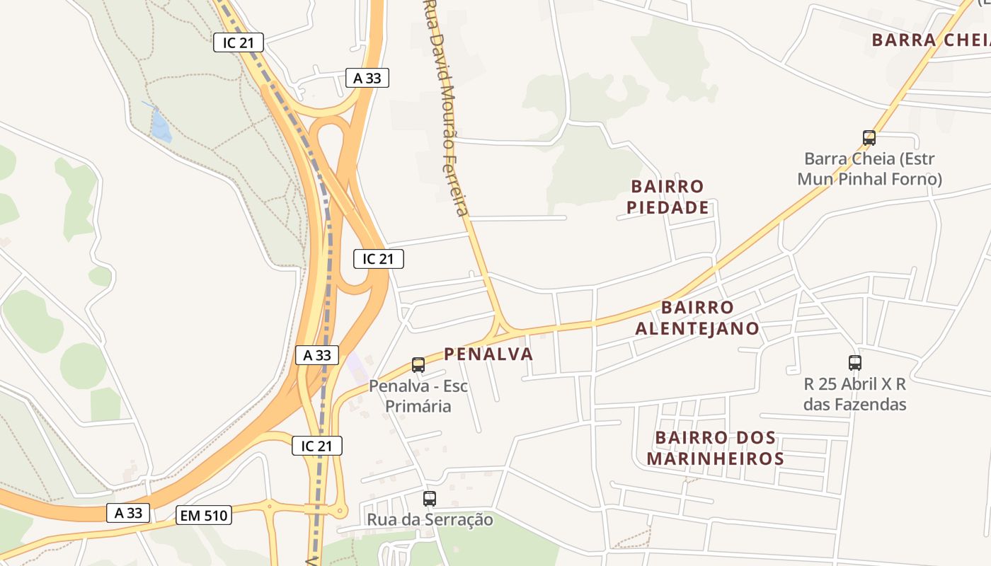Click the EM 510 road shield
tap(204, 516)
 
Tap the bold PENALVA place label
tap(488, 354)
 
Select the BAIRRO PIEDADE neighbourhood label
tap(668, 197)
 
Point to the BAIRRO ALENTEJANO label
tap(697, 318)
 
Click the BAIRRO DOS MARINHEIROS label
tap(716, 448)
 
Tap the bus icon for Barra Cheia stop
tap(869, 138)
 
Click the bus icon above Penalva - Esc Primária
tap(418, 365)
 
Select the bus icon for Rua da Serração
tap(430, 498)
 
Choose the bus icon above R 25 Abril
tap(855, 363)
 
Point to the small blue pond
tap(161, 127)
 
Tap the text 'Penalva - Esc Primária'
tap(418, 396)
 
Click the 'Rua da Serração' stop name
tap(430, 519)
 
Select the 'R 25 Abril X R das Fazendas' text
tap(855, 394)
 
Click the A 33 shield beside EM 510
tap(128, 513)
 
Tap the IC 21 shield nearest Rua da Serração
tap(317, 446)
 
